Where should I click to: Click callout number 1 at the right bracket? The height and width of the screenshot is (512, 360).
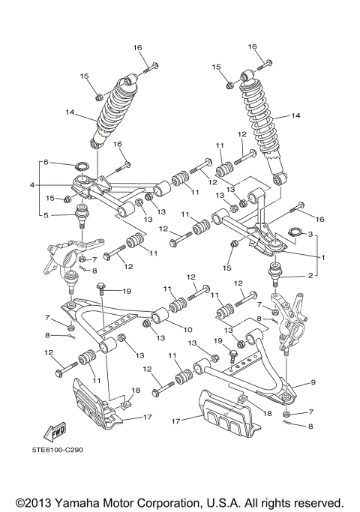[323, 257]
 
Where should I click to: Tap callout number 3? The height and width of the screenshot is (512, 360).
[310, 235]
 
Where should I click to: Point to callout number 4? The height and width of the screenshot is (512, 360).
[32, 184]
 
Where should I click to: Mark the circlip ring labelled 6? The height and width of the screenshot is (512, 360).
[84, 166]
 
